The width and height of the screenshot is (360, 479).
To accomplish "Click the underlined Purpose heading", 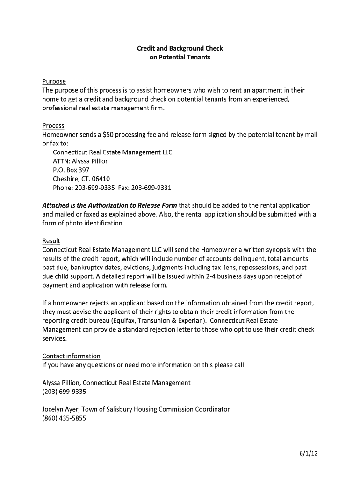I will (54, 81).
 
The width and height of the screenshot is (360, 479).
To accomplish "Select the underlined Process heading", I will (53, 126).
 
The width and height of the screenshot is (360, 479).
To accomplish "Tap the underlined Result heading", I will (51, 241).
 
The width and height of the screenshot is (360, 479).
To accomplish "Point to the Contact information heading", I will (71, 356).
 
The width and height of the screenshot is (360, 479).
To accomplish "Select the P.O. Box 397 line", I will (71, 170).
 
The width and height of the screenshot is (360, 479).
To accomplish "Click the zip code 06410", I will (101, 179).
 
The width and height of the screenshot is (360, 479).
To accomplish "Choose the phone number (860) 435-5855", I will (64, 418).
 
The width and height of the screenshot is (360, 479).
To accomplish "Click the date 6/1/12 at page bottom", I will (309, 453).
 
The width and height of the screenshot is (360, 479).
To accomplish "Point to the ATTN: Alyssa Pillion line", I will (80, 161).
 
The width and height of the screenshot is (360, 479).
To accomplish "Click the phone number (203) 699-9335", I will (64, 392).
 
